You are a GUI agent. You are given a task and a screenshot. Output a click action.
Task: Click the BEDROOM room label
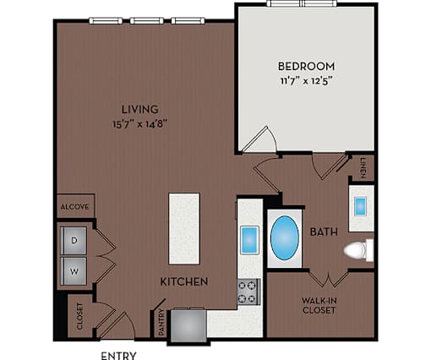coord(307,66)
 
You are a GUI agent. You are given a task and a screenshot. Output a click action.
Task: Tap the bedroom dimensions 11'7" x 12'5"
coord(305,81)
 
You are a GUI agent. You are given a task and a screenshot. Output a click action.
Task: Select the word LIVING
coord(140,109)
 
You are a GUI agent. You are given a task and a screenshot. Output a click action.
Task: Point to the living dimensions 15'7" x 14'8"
coord(140,124)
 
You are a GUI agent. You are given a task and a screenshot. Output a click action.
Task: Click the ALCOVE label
coord(75,207)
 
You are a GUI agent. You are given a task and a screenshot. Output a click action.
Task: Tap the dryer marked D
coord(74,241)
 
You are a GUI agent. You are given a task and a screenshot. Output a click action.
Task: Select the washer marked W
coord(74,271)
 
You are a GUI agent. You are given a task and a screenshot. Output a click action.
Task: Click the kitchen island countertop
coord(184,228)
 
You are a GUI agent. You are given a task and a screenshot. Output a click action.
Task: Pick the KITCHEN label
coord(184,281)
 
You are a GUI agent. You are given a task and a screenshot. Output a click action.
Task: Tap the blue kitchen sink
coord(249,240)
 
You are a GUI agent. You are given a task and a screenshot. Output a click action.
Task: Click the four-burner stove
coord(248,292)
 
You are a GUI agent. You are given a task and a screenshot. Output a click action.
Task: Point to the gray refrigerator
coord(188,325)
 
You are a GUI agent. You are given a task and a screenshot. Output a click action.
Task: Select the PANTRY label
coord(161,322)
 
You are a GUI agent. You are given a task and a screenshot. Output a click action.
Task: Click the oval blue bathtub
coord(285,238)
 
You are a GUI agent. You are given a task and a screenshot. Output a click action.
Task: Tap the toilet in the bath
coord(358,250)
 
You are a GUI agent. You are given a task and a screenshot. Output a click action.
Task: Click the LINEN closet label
coord(363,168)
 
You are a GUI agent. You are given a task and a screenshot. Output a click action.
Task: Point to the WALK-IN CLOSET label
coord(319,306)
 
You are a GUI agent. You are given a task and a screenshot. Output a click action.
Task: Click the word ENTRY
coord(118,356)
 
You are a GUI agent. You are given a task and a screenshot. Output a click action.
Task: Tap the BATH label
coord(324,232)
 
